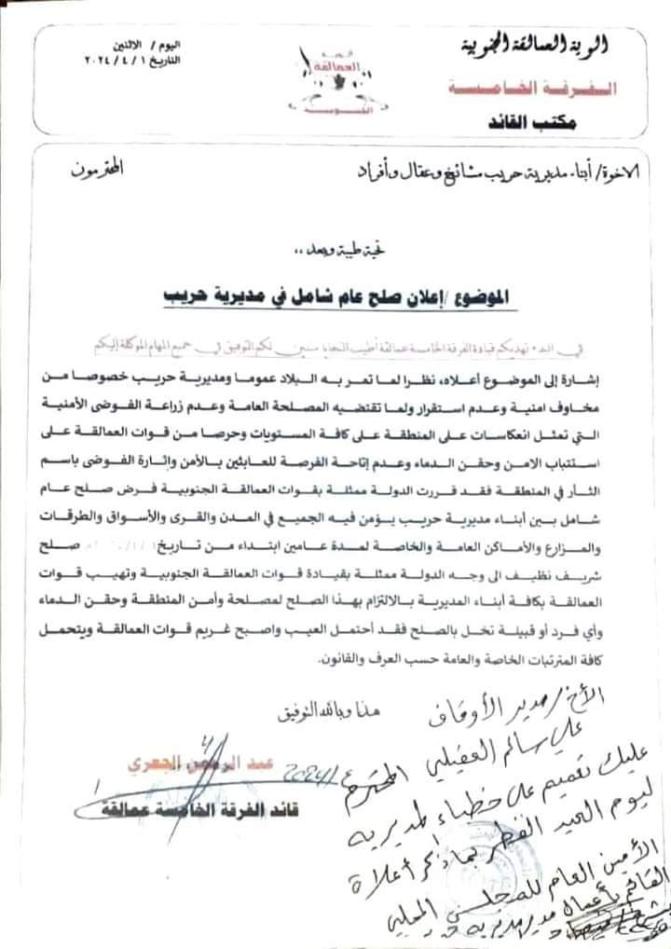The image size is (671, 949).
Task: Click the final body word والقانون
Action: pyautogui.click(x=322, y=660)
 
